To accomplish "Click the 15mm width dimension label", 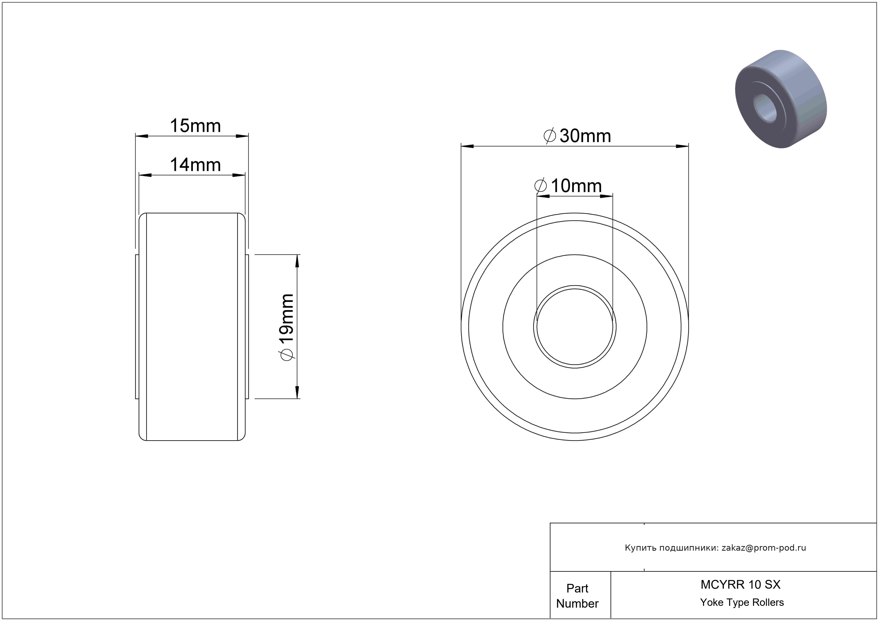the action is pos(195,126).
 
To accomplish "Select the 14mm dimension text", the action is pos(195,165).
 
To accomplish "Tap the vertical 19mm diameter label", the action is pos(286,327).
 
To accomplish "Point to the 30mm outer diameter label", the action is pos(577,136).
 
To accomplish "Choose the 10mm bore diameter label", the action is pos(568,186).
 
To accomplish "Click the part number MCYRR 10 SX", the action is pos(740,585).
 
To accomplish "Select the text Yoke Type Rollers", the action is pos(742,603).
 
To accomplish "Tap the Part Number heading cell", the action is pos(577,596).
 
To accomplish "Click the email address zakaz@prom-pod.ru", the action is pos(764,548).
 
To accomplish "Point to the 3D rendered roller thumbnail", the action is pos(781,99).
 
